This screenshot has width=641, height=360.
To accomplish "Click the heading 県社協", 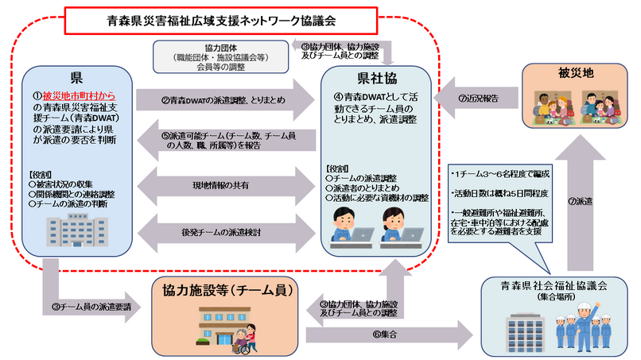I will (x=375, y=79).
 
